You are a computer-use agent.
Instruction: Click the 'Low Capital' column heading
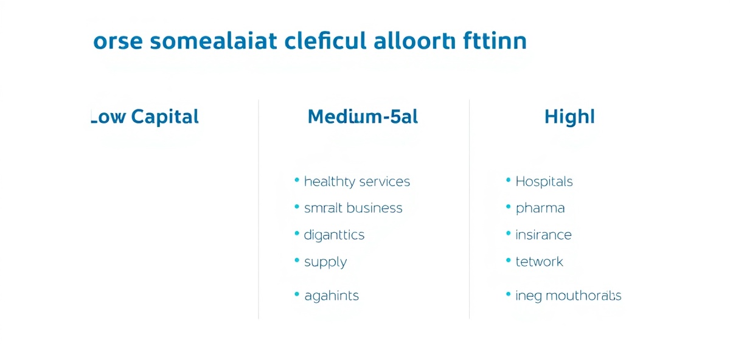pos(145,116)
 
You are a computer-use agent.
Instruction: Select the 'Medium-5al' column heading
pos(363,116)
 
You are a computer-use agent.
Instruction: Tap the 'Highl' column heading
pos(569,116)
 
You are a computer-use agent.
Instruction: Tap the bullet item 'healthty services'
pos(356,181)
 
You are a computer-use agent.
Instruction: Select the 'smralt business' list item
pos(353,208)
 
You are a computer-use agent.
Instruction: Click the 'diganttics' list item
pos(334,235)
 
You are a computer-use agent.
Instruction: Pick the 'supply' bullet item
pos(325,262)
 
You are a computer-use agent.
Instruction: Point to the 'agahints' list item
pos(331,296)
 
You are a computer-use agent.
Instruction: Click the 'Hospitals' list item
pos(544,181)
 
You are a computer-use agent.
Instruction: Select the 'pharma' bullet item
pos(540,208)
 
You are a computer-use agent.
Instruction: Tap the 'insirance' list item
pos(543,235)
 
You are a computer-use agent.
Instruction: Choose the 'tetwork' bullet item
pos(539,261)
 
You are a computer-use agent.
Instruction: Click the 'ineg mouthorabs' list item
pos(568,296)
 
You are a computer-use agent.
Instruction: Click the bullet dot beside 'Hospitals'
pos(508,181)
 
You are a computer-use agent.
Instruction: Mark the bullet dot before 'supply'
pos(297,261)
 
